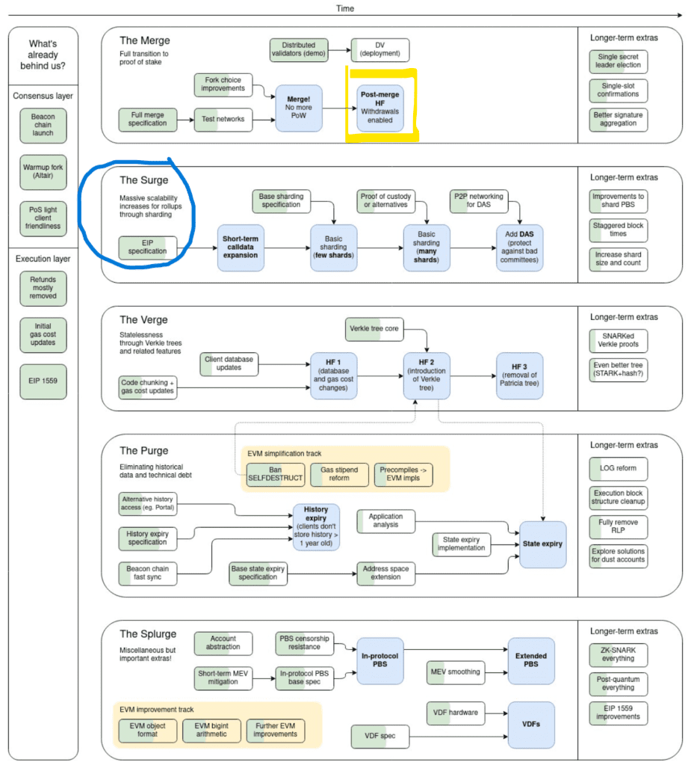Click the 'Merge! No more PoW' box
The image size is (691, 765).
click(299, 108)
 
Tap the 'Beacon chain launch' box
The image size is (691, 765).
click(43, 125)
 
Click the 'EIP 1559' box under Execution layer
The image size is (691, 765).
click(43, 380)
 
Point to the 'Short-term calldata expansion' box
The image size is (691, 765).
click(240, 245)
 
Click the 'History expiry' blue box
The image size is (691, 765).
click(316, 527)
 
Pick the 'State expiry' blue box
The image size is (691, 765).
click(542, 544)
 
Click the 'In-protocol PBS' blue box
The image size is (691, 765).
click(379, 660)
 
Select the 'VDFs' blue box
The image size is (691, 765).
click(531, 725)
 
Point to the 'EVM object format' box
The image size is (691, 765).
click(148, 730)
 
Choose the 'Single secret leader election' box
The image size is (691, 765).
click(617, 61)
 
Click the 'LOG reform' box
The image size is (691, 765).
click(617, 468)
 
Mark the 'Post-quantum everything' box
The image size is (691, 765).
click(617, 683)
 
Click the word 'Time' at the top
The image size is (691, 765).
click(344, 8)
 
